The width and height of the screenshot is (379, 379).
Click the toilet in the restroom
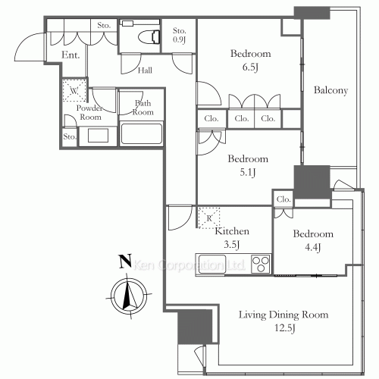click(x=149, y=37)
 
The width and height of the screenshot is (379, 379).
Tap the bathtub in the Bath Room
click(x=141, y=133)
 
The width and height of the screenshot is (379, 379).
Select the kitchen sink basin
click(x=212, y=265)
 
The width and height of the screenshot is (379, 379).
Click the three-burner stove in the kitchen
click(x=261, y=264)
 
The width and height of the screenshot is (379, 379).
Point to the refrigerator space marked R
click(x=209, y=218)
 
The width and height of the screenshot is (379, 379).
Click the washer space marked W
click(x=74, y=90)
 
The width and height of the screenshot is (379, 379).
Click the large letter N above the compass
click(x=125, y=261)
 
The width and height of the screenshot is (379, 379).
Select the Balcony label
click(x=330, y=90)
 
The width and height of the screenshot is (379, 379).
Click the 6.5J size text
click(x=250, y=67)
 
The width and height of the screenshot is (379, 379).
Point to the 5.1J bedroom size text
click(x=248, y=172)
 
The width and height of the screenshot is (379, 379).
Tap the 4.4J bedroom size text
click(x=313, y=247)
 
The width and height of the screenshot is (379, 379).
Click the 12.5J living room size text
click(x=285, y=328)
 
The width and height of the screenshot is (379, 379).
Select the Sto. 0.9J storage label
click(x=180, y=35)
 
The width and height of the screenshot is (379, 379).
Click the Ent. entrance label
click(x=70, y=55)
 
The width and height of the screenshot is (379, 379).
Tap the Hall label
click(x=145, y=70)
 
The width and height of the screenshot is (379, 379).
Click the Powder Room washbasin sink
click(x=98, y=136)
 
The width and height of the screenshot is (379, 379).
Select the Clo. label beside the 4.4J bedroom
click(x=283, y=199)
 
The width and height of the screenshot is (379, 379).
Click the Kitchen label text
click(x=232, y=231)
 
